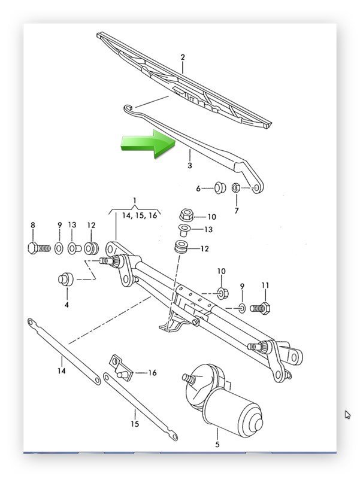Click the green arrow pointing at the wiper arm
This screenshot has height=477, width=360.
[x=149, y=144]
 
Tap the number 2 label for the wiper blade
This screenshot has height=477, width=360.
[x=183, y=57]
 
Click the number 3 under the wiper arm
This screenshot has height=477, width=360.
[x=190, y=166]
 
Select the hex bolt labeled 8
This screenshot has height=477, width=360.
[x=39, y=248]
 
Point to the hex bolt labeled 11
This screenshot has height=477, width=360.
[x=260, y=308]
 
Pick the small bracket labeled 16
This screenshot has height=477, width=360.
[x=121, y=367]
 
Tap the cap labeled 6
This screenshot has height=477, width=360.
[x=220, y=187]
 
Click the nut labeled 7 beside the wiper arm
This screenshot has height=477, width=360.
[x=235, y=187]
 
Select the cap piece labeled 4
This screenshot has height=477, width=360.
[x=66, y=279]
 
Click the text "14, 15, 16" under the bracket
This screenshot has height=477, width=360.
[x=140, y=215]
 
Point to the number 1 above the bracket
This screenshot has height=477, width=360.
[x=135, y=200]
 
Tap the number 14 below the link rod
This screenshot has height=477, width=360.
[x=62, y=371]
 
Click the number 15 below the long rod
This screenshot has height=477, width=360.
[x=135, y=424]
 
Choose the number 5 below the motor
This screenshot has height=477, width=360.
[x=217, y=445]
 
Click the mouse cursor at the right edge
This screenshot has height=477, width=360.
[x=347, y=415]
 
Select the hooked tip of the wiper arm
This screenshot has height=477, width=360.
[x=128, y=108]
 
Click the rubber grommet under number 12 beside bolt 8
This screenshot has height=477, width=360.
[x=91, y=248]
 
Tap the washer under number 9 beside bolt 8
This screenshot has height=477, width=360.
[x=59, y=248]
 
